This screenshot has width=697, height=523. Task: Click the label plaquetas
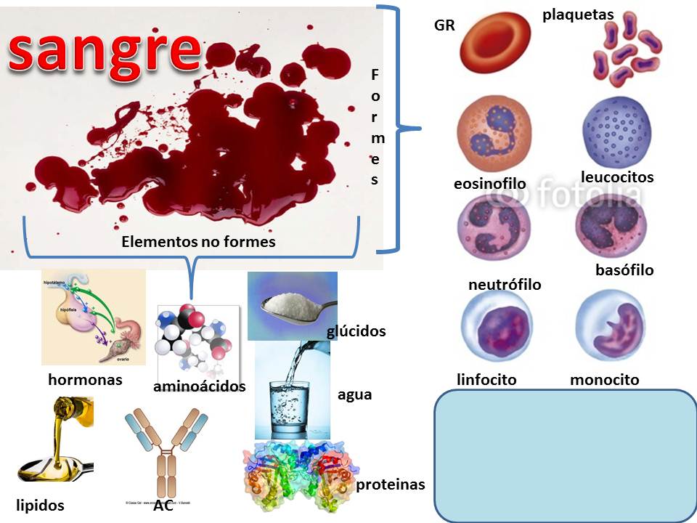point(578,15)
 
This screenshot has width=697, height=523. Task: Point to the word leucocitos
point(617,177)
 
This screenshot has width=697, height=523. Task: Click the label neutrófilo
point(505,285)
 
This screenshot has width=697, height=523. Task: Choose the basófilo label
point(624,270)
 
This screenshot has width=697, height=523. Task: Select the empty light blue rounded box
point(564,455)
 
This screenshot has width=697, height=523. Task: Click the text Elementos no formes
point(198,242)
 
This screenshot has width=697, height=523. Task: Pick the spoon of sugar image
point(292,305)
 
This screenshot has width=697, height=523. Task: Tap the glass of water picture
point(291,392)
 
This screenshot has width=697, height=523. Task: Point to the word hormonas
point(85,379)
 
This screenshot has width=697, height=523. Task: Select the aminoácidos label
point(199,386)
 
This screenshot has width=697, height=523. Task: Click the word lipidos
point(40,505)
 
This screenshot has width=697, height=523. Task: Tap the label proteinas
point(390,485)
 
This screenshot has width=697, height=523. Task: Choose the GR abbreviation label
point(444,26)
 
